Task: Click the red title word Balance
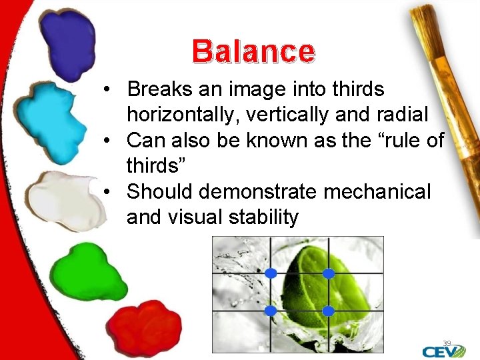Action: click(253, 51)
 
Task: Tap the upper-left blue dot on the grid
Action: click(271, 273)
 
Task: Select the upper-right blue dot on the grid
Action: click(328, 273)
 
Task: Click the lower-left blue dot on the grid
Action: click(271, 311)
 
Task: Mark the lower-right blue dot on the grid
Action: click(328, 311)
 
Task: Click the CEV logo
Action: click(444, 351)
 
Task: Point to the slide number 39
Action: click(447, 343)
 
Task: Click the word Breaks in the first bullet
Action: click(161, 89)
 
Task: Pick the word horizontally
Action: click(183, 115)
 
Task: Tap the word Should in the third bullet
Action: click(160, 191)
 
